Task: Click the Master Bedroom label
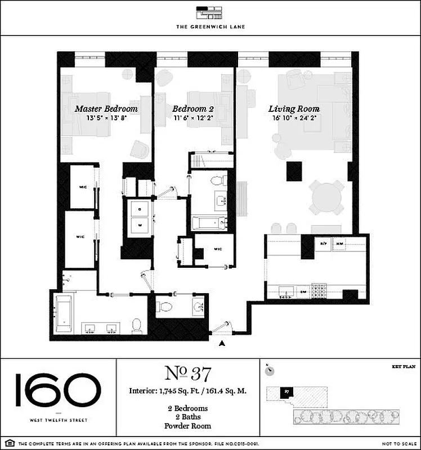[106, 109]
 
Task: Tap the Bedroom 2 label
[193, 109]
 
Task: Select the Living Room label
[294, 109]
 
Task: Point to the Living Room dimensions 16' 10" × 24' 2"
[294, 119]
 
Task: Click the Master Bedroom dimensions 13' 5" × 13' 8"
[106, 119]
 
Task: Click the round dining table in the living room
[326, 197]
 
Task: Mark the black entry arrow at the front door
[223, 343]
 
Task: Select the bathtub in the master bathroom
[63, 315]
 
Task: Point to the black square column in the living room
[294, 171]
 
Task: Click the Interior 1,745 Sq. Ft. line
[187, 390]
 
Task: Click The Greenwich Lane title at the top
[210, 26]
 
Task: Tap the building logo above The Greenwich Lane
[210, 12]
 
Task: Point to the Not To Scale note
[397, 444]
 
